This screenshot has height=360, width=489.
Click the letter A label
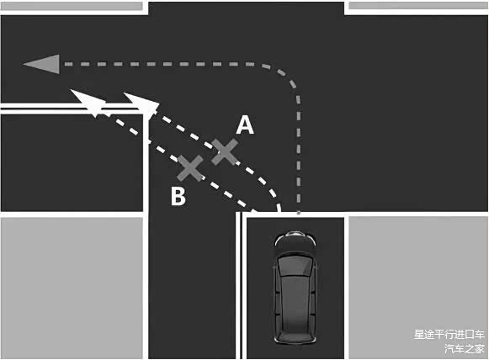(x=245, y=124)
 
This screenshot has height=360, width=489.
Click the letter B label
(x=178, y=196)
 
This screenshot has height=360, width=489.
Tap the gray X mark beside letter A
(x=225, y=151)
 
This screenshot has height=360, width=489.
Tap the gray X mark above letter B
(x=190, y=168)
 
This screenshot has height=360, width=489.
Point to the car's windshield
(x=295, y=266)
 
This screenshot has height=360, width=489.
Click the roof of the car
(x=295, y=299)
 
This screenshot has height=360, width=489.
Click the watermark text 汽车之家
(x=465, y=348)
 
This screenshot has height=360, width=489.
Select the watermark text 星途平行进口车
(x=449, y=335)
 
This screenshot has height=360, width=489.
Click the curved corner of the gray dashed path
(x=285, y=76)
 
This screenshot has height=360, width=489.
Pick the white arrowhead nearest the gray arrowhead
(x=88, y=102)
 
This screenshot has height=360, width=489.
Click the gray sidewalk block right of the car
(x=418, y=288)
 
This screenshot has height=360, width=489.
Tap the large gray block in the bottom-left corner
(x=72, y=288)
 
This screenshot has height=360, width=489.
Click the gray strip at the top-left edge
(x=72, y=6)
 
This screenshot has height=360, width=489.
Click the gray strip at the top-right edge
(x=418, y=5)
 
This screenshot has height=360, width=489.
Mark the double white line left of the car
(x=239, y=285)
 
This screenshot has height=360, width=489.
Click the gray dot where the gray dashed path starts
(x=299, y=213)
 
